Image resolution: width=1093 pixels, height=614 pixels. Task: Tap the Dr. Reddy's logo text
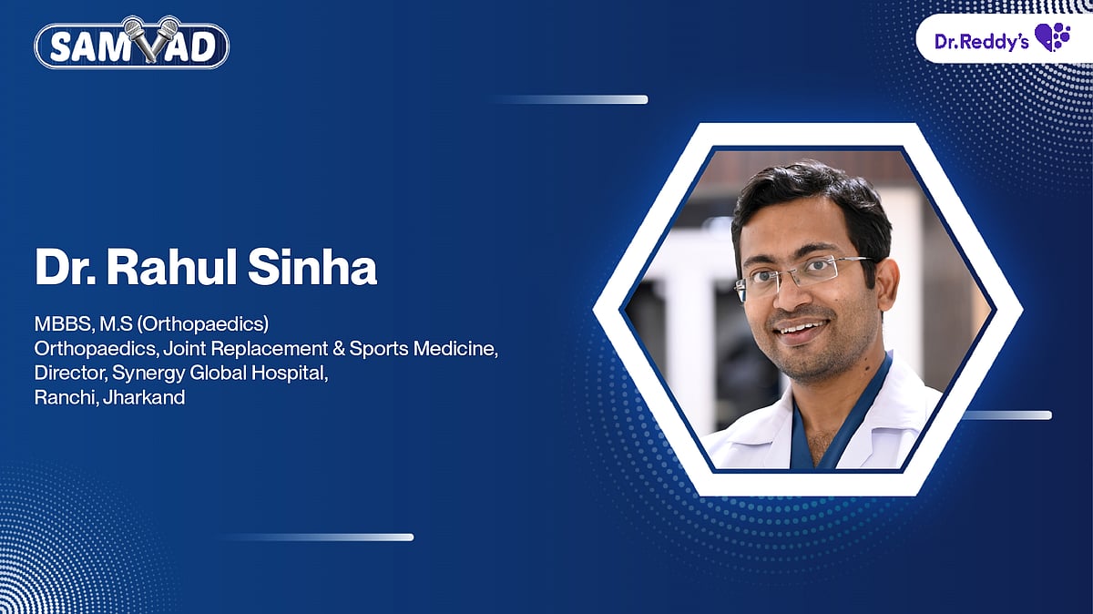click(x=982, y=40)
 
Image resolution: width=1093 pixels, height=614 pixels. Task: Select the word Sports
click(x=373, y=348)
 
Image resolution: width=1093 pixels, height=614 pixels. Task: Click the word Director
click(x=70, y=373)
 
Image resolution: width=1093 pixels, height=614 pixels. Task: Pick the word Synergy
click(x=144, y=374)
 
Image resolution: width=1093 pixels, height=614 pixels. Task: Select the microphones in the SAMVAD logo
click(x=149, y=35)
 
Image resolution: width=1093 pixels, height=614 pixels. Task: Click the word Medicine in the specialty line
click(x=455, y=348)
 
